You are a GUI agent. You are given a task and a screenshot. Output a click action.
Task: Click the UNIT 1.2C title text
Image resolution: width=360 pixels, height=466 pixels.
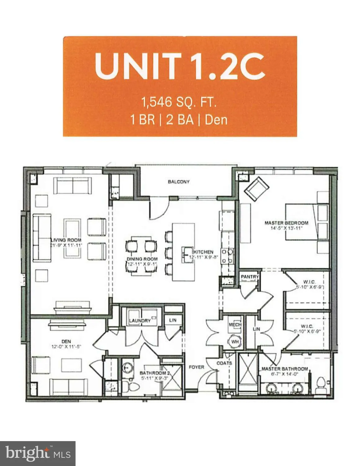180,66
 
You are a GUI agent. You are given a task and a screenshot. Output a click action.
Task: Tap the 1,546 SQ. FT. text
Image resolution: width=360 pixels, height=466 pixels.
179,102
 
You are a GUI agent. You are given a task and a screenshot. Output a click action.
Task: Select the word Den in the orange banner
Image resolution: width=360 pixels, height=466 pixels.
216,120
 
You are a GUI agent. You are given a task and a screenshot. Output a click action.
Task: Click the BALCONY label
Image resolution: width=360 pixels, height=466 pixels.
178,182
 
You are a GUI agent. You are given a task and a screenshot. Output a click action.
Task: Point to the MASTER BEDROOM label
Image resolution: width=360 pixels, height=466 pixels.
286,223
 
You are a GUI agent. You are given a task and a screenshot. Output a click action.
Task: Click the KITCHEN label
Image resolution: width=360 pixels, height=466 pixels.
204,252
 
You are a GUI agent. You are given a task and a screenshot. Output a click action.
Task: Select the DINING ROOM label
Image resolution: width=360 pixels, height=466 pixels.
142,259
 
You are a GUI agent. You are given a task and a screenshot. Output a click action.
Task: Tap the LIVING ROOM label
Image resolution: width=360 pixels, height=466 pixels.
66,240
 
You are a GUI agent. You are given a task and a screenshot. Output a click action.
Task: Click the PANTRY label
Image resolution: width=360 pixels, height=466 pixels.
250,276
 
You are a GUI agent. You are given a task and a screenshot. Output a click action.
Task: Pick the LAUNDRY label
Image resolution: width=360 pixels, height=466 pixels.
140,320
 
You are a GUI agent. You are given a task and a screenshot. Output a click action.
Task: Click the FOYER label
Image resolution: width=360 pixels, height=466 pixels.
196,367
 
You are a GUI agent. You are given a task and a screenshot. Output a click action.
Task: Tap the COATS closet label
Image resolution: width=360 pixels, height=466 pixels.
224,363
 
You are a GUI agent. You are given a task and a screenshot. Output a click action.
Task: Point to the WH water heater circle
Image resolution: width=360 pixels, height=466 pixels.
235,342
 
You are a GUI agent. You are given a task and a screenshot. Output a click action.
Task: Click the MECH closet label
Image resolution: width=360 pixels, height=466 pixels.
235,325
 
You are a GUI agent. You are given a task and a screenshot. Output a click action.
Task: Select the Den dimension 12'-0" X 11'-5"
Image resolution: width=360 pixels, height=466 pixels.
66,346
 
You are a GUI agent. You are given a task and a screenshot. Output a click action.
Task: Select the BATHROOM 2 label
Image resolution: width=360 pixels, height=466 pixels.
154,373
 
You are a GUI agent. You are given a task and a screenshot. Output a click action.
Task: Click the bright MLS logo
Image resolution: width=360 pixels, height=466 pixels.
38,453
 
